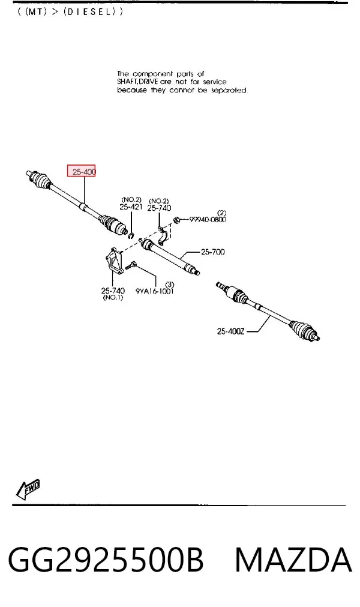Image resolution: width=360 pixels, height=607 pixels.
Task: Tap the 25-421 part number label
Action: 131,207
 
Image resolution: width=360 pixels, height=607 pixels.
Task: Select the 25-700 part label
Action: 212,252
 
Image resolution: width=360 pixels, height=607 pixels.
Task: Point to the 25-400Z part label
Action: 230,331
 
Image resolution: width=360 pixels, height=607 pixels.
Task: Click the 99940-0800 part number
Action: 208,220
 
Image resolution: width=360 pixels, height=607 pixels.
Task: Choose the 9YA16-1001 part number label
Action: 155,291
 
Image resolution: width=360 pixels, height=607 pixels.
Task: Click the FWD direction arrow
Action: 28,489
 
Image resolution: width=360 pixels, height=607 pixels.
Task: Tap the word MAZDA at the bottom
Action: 293,560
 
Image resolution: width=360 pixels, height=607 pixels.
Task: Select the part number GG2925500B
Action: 106,560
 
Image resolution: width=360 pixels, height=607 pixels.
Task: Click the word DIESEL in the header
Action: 89,11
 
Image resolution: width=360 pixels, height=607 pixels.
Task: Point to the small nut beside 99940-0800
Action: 175,220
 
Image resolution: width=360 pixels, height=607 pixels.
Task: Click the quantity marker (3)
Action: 170,285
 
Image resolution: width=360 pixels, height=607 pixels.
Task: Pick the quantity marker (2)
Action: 221,213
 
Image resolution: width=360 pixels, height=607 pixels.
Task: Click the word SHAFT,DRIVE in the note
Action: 137,82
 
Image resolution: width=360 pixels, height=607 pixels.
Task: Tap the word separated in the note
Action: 229,90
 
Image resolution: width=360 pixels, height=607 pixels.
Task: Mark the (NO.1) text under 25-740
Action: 113,298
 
